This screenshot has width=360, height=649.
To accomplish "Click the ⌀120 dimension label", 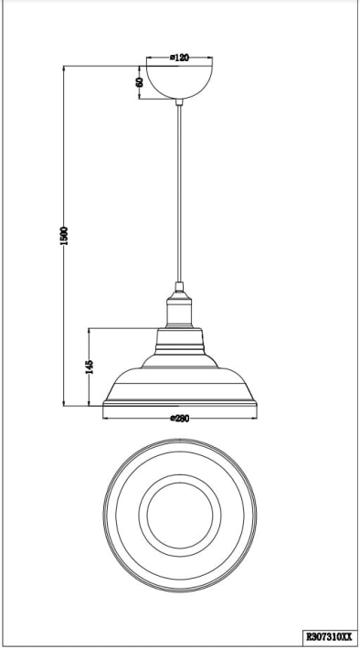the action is [179, 58].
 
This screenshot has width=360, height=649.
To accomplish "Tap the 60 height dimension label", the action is [140, 82].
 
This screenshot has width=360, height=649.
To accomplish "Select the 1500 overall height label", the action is [63, 236].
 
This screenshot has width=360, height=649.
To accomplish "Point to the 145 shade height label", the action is [89, 367].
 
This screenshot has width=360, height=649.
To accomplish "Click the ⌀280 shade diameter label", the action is [179, 419].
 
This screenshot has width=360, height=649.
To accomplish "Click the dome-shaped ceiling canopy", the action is [179, 82].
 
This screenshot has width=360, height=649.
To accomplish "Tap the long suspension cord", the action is [179, 194].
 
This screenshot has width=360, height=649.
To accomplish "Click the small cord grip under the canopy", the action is [179, 102].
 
